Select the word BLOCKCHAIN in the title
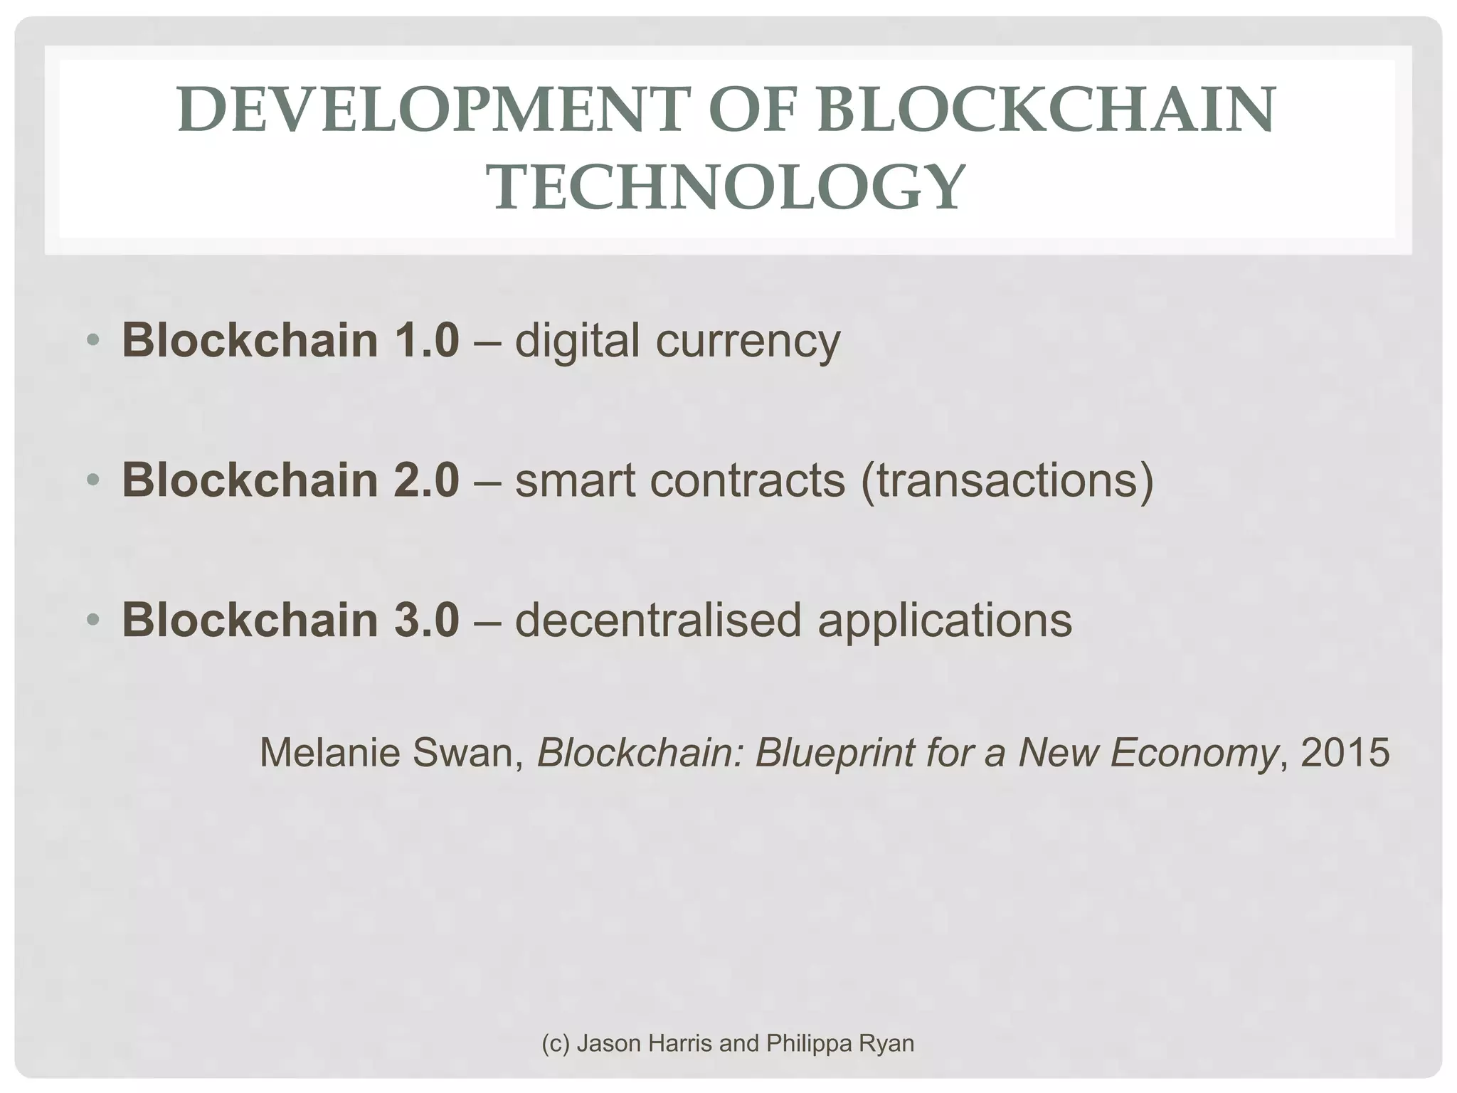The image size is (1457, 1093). click(x=1047, y=110)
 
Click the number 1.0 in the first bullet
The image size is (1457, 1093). click(x=425, y=340)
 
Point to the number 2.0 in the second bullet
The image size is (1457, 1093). click(x=425, y=480)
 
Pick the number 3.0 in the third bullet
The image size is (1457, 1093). click(x=425, y=620)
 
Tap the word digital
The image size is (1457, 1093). click(x=577, y=340)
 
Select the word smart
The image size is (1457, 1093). click(x=575, y=480)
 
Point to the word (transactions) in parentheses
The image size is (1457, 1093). click(x=1007, y=481)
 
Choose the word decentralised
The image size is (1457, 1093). click(x=658, y=620)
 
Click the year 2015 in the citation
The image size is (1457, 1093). click(x=1345, y=753)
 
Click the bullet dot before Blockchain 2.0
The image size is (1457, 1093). click(x=93, y=480)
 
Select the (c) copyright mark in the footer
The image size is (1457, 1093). click(x=556, y=1044)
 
